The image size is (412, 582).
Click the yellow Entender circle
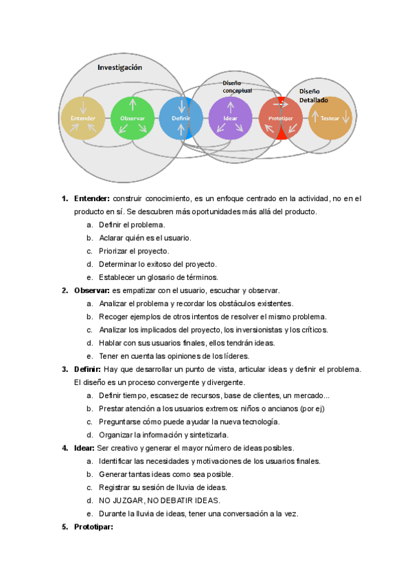click(x=83, y=118)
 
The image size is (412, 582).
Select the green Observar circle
click(x=133, y=118)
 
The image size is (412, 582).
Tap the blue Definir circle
click(x=181, y=118)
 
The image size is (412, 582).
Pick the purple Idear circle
click(x=230, y=118)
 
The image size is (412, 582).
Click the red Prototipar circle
click(x=280, y=118)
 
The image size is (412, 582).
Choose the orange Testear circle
click(x=330, y=118)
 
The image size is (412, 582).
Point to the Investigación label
click(x=119, y=67)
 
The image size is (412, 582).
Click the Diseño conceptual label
click(x=237, y=86)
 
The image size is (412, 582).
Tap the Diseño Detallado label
click(x=313, y=95)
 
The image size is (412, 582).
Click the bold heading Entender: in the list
click(x=92, y=199)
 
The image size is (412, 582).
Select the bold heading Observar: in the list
click(x=92, y=290)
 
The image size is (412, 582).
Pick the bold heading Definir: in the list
click(x=88, y=369)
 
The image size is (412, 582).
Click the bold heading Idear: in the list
click(x=84, y=448)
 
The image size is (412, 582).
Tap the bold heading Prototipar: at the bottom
click(x=93, y=527)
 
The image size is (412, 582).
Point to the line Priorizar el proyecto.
click(x=134, y=251)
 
